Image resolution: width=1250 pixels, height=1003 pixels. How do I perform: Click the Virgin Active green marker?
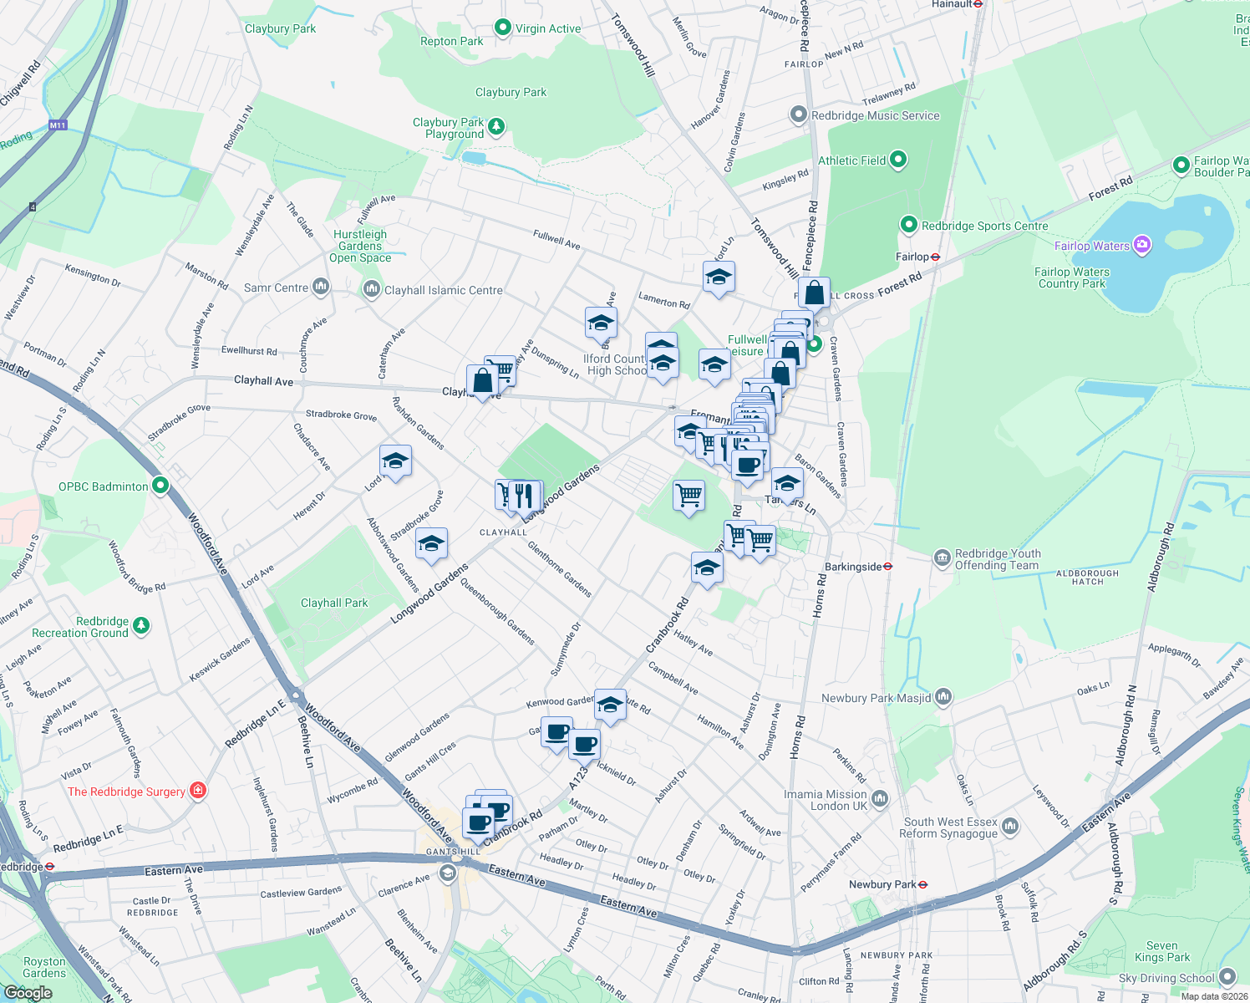click(x=502, y=28)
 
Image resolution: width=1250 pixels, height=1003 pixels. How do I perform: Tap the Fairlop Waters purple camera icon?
click(x=1142, y=245)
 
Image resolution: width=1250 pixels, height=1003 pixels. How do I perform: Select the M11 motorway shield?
click(x=57, y=125)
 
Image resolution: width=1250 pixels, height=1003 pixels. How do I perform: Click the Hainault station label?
click(x=952, y=4)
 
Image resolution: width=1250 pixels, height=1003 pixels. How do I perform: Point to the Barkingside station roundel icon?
click(x=887, y=567)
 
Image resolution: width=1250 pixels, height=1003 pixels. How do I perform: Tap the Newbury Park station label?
click(x=882, y=884)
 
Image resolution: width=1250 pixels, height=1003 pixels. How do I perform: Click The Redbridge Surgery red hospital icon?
click(x=198, y=791)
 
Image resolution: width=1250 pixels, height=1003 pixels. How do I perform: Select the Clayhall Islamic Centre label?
click(x=443, y=290)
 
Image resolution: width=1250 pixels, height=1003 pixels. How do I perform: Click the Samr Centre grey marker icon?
click(x=321, y=288)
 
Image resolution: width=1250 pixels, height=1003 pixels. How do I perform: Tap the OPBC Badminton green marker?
click(x=160, y=486)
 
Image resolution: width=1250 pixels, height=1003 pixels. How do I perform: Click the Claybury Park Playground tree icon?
click(x=496, y=127)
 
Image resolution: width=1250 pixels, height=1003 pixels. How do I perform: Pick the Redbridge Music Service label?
click(x=875, y=115)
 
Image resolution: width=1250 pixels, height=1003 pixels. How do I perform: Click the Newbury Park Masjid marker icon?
click(x=943, y=696)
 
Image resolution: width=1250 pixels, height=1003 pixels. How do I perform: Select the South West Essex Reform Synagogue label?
click(x=948, y=827)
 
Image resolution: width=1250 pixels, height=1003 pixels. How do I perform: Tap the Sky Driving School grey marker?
click(x=1227, y=977)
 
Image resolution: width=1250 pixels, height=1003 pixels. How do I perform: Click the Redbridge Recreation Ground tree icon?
click(x=140, y=625)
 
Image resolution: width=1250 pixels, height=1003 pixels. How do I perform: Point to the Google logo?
click(x=28, y=993)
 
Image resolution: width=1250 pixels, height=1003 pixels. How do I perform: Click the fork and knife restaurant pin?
click(x=524, y=495)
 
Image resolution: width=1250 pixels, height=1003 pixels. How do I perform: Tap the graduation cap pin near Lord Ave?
click(x=395, y=461)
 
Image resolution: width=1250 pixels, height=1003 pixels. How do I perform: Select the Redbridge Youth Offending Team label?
click(x=998, y=559)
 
